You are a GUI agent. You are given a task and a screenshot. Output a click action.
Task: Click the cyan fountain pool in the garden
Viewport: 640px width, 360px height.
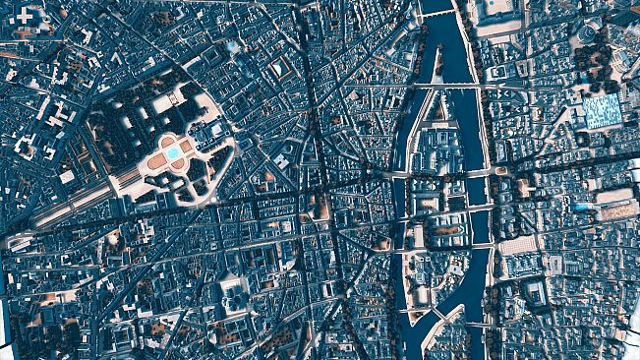click(173, 152)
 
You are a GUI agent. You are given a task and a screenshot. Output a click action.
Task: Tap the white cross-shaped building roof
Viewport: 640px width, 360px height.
click(25, 17)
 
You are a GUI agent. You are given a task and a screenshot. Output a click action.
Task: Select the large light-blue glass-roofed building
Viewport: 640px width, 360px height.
click(601, 109)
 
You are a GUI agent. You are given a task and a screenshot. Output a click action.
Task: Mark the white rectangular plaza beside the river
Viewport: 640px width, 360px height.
click(517, 243)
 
